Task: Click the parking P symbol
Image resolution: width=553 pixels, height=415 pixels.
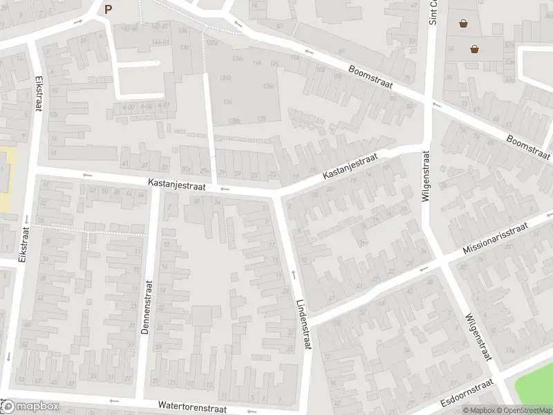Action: coord(107,9)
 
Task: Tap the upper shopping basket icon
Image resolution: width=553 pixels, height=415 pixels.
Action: coord(463,23)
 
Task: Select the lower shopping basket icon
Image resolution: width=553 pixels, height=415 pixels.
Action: coord(475,48)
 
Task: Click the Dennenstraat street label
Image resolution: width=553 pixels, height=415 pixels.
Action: coord(146,307)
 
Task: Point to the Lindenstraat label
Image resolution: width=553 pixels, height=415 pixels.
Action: coord(303,323)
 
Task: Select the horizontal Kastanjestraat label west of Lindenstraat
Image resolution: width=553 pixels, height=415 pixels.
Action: coord(176,185)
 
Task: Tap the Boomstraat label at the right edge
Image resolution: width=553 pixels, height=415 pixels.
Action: coord(528,145)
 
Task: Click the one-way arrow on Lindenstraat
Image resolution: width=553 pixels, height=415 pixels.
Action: coord(294,275)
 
